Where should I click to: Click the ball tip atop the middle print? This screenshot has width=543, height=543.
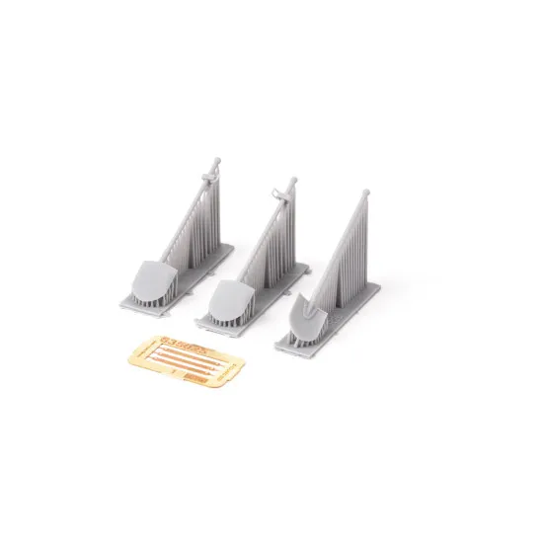click(x=293, y=182)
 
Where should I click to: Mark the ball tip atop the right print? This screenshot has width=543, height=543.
click(x=365, y=193)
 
